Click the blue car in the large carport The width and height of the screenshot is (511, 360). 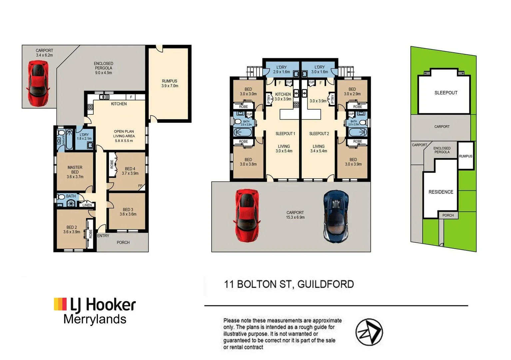point(336,216)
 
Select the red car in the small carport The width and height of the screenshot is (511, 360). point(38,83)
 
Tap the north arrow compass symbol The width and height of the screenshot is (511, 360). point(369,332)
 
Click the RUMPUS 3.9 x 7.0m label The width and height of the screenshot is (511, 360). point(170,83)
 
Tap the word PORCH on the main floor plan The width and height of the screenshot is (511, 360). point(123,243)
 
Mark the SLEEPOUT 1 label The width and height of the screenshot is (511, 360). point(285,134)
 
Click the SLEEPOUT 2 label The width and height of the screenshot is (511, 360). point(319,134)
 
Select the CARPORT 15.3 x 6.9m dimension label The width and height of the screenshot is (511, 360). point(295,215)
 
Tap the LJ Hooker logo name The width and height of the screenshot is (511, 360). point(103,305)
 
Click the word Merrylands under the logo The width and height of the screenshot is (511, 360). point(95,319)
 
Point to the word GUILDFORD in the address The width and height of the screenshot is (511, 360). point(325,284)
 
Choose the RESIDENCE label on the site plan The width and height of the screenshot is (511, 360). point(441,192)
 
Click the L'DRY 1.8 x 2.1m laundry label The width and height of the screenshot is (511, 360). point(84,137)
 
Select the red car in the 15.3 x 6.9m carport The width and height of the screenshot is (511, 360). point(248,215)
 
